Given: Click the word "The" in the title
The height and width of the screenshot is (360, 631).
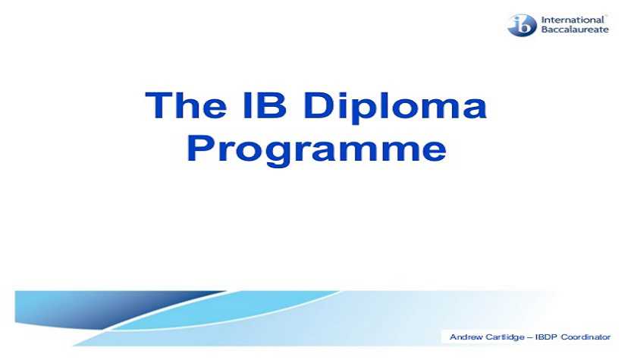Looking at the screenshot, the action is (186, 105).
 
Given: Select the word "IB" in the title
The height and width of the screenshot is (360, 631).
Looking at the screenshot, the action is (264, 105).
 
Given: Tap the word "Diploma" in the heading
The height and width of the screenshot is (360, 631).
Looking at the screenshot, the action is (395, 107).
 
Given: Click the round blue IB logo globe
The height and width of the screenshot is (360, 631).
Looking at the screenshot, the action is (522, 25).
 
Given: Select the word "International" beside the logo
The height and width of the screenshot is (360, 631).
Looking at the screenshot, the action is (573, 20).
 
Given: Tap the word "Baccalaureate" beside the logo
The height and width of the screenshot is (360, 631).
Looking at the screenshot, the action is (575, 30).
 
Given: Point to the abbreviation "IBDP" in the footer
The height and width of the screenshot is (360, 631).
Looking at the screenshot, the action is (546, 337).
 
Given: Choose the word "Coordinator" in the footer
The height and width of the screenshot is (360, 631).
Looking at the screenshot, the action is (585, 337).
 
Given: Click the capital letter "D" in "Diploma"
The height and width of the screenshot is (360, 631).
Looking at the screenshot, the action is (317, 105).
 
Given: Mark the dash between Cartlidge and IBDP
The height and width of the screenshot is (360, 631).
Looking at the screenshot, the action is (530, 338).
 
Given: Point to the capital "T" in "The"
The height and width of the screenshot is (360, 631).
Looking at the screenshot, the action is (158, 105).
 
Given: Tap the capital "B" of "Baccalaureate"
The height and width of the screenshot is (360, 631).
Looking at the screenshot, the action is (544, 30).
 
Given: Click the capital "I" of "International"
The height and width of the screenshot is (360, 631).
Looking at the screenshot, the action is (542, 20).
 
